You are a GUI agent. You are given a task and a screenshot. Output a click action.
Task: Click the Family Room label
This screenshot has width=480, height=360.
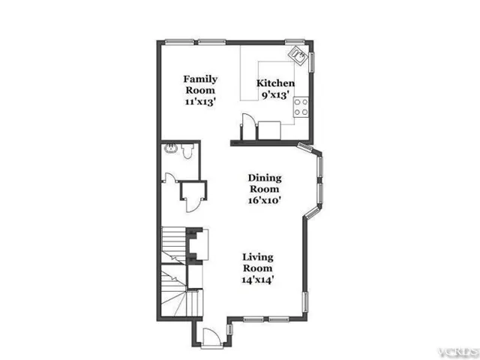coord(200,85)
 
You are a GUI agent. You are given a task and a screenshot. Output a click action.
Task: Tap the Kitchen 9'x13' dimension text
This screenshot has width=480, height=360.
coord(275,95)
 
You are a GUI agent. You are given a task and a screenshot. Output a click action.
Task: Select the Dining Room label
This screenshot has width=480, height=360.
coord(265,183)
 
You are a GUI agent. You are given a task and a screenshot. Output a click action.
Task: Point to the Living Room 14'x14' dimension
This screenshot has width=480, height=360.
coord(258,280)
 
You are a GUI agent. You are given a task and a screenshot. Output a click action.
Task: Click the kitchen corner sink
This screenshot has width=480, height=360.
coord(297,55)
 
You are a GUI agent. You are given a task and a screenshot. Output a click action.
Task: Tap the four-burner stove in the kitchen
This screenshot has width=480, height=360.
coord(301,107)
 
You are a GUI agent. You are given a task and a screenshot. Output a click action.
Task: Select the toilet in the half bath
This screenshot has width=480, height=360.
coord(187,151)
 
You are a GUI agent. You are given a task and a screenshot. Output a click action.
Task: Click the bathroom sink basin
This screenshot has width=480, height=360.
coord(171,148)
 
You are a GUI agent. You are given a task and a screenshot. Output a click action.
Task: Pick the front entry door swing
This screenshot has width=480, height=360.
coord(211,337)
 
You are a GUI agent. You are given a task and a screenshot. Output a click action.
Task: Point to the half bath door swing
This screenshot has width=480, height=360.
coord(170,178)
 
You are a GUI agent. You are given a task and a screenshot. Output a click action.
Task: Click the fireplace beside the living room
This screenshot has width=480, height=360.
coord(197,246)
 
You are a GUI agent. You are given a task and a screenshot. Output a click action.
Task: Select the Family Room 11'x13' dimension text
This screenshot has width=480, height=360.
coord(200,102)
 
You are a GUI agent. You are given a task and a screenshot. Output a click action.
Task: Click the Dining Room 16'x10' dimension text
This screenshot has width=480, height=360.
coord(265,200)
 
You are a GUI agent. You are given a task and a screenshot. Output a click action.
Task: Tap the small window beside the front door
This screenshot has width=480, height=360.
coord(229,329)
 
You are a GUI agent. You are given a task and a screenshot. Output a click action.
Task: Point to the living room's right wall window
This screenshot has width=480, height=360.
coord(305,301)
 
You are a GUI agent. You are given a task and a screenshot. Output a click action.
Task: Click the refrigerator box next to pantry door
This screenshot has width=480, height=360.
coord(269,130)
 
